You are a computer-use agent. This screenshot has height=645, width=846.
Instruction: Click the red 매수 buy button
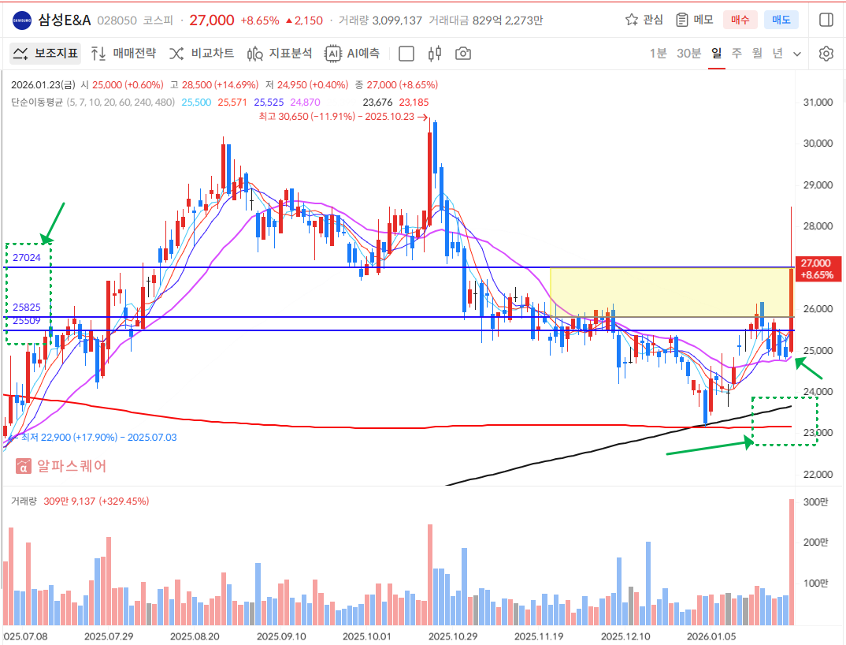point(740,20)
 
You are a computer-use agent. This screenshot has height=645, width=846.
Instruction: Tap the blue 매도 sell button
point(781,20)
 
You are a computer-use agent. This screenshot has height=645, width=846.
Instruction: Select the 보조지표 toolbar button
point(45,54)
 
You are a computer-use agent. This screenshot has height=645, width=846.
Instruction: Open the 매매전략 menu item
point(124,54)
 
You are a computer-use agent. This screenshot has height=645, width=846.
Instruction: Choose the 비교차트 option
point(202,54)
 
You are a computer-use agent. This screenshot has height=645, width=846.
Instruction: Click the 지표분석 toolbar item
point(280,54)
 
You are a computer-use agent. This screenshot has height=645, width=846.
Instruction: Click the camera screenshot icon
point(463,54)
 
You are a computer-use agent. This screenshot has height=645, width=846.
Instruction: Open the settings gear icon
point(826,54)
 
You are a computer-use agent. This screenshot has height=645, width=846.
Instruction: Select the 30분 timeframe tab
point(688,54)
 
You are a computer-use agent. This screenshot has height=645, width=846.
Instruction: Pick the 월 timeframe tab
point(757,54)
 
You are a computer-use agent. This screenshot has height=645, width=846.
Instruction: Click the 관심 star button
point(644,20)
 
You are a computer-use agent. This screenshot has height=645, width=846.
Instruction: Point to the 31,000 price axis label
point(816,103)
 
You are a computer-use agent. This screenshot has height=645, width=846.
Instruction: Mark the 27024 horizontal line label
point(27,258)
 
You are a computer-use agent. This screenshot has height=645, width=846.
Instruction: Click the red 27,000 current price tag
point(816,268)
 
